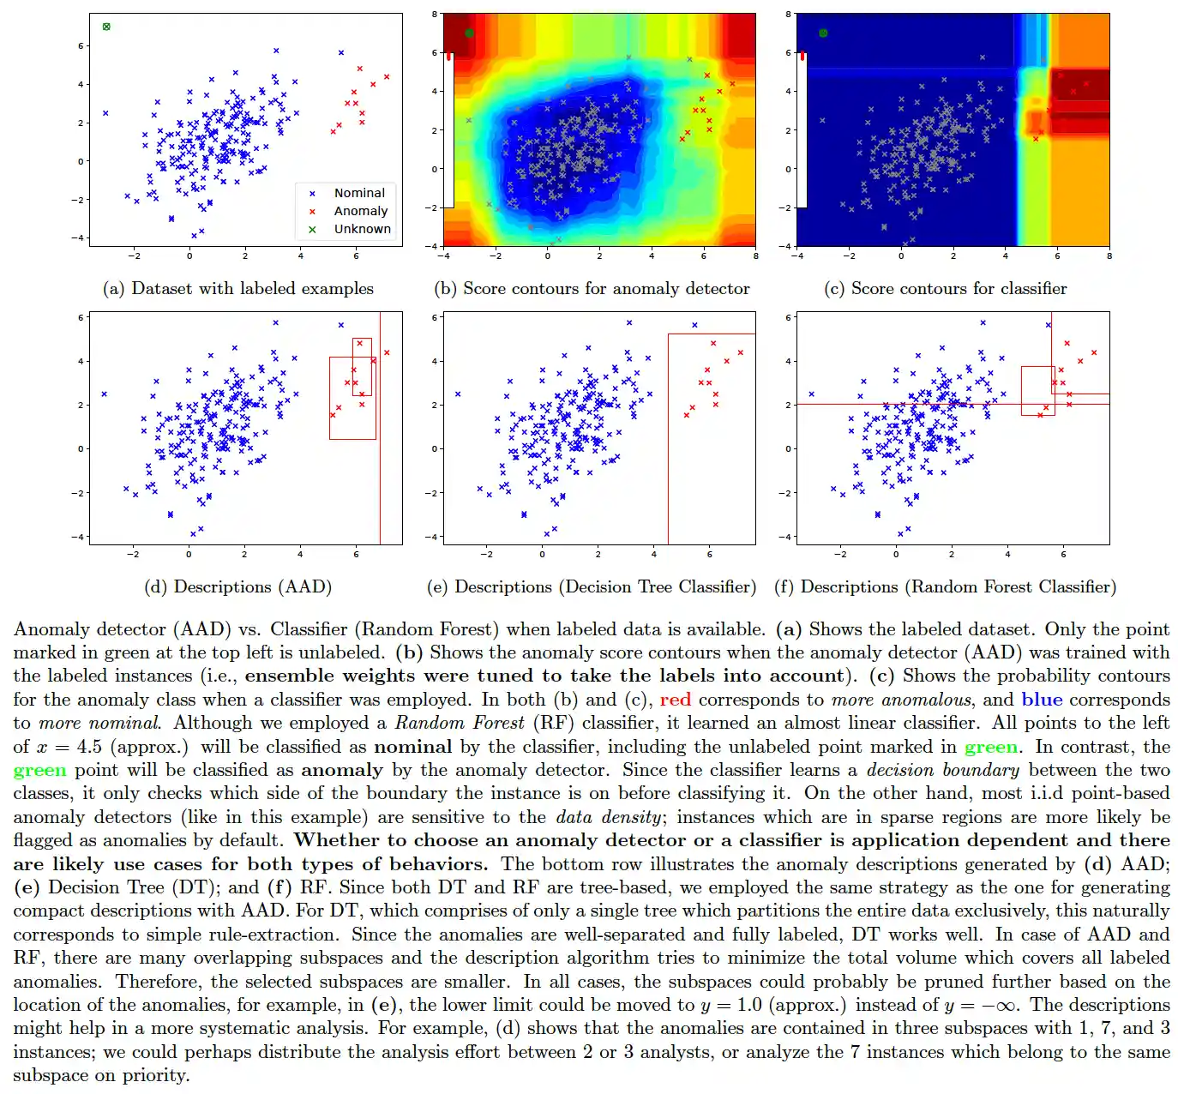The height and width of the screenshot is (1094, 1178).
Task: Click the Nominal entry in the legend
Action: [359, 194]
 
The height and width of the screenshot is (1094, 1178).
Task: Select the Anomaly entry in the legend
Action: [360, 212]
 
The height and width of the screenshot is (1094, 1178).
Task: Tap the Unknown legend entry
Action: [362, 230]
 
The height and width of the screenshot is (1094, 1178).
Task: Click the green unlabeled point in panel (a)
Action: [106, 27]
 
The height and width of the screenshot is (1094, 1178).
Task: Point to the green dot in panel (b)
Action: [469, 33]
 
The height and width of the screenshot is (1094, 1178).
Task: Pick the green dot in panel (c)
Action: [823, 33]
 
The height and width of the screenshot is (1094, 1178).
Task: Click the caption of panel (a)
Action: [238, 289]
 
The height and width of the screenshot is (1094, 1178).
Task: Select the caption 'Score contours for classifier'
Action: [946, 289]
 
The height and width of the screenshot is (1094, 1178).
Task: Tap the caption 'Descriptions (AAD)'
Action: [238, 587]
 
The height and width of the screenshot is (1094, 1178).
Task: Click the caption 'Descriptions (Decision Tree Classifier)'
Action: [592, 587]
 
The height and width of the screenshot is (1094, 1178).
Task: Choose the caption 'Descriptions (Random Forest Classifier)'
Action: [946, 587]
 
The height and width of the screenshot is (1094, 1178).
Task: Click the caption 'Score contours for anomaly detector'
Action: [592, 289]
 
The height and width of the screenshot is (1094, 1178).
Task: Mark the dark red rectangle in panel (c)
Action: [1080, 85]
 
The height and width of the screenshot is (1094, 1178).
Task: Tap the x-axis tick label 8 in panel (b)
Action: [755, 256]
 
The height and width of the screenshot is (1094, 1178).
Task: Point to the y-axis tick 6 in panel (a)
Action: [81, 46]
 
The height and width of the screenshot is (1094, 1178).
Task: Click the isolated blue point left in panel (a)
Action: [105, 113]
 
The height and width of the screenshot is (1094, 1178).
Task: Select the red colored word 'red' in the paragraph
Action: [675, 700]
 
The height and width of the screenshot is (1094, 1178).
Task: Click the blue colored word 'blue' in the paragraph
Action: [1042, 700]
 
